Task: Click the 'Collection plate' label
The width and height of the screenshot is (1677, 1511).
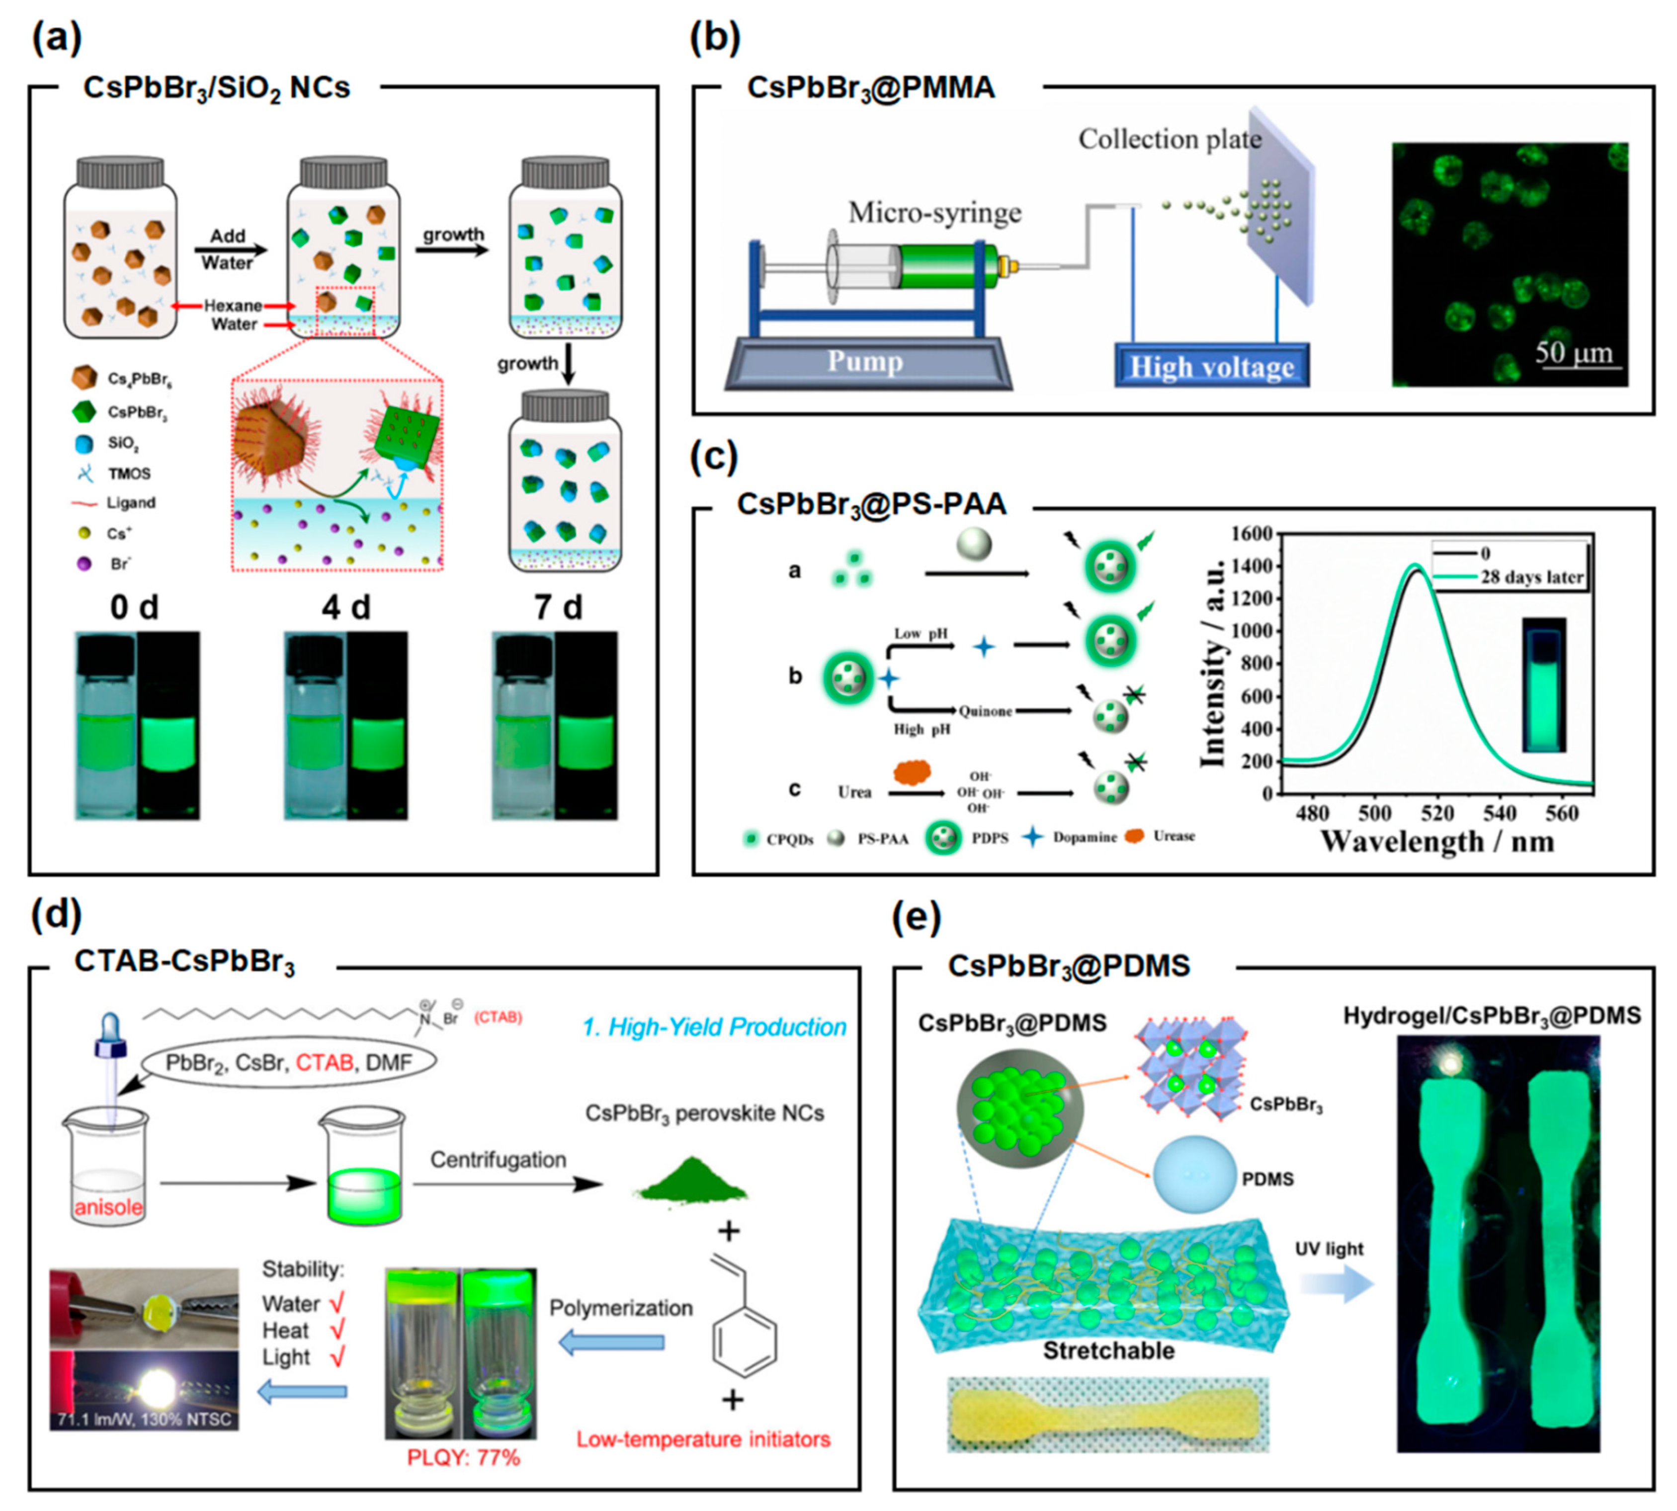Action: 1169,139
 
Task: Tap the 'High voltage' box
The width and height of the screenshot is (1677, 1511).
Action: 1211,366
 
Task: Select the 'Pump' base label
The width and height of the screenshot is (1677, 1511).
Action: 864,361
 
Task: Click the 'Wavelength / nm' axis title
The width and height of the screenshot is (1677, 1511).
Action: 1436,842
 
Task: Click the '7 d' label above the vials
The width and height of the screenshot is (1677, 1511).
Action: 558,608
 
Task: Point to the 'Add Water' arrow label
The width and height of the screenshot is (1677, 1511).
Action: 227,249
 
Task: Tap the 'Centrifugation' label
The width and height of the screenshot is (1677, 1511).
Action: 498,1160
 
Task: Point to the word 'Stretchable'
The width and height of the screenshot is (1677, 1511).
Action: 1108,1351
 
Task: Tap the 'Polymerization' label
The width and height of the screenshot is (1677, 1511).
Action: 620,1308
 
